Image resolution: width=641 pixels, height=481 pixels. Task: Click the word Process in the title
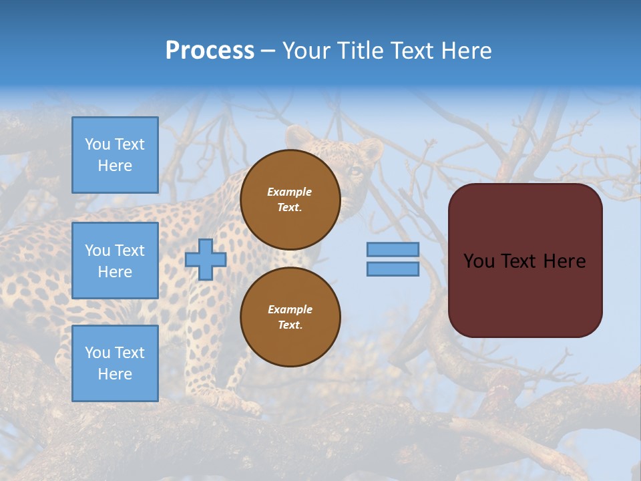[x=210, y=51]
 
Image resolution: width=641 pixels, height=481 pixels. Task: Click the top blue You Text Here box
[x=115, y=155]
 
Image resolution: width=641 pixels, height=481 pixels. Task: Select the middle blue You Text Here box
[x=115, y=261]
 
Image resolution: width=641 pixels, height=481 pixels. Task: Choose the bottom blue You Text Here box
[x=115, y=363]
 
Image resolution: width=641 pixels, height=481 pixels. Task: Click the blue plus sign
[x=206, y=259]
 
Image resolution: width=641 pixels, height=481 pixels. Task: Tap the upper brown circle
[x=290, y=200]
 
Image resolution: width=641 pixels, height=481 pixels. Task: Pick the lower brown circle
[x=290, y=317]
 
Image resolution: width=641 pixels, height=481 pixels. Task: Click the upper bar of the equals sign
[x=393, y=249]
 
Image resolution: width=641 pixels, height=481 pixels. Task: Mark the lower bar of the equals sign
[x=393, y=269]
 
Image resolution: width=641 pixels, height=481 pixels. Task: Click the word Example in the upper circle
[x=290, y=192]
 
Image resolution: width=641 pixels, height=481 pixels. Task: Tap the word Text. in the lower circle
[x=290, y=325]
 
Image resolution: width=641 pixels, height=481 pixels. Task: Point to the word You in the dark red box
[x=479, y=261]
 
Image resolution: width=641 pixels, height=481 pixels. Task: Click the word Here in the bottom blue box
[x=115, y=374]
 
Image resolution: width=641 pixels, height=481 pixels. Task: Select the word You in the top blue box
[x=97, y=144]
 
